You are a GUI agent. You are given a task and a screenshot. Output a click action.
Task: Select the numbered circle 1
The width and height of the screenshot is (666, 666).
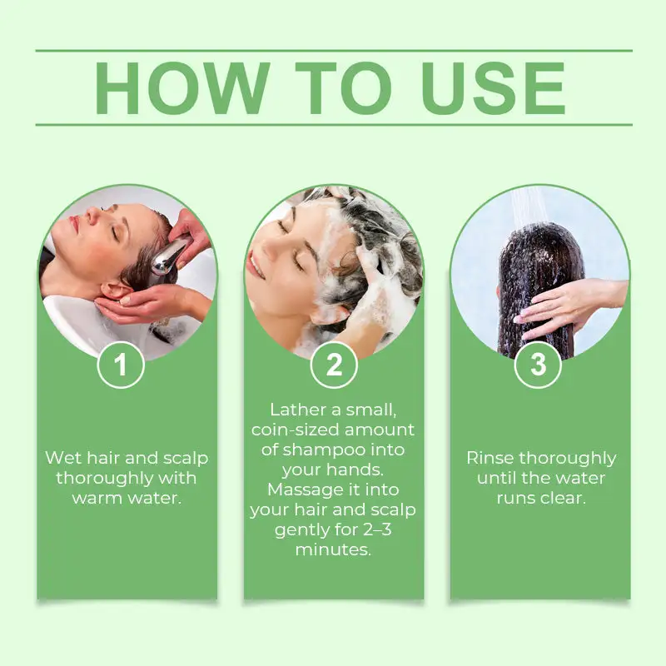pyautogui.click(x=121, y=365)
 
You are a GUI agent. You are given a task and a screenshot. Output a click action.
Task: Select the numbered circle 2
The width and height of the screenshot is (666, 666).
pyautogui.click(x=334, y=365)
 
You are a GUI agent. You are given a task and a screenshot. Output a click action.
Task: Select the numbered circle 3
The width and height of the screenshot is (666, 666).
pyautogui.click(x=538, y=365)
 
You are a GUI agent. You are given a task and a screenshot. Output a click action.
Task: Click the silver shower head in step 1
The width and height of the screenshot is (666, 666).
pyautogui.click(x=169, y=256)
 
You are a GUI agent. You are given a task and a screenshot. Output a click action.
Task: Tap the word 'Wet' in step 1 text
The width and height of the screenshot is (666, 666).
pyautogui.click(x=62, y=458)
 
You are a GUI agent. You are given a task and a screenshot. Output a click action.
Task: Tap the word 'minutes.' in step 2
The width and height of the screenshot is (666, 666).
pyautogui.click(x=333, y=550)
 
